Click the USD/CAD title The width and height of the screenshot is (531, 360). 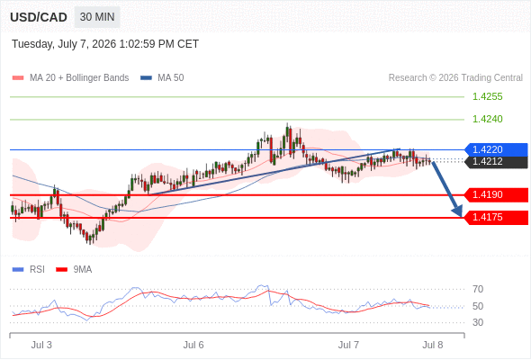(39, 17)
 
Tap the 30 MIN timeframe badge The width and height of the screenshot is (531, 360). (97, 17)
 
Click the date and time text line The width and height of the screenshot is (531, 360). (105, 44)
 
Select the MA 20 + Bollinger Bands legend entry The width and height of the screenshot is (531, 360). (70, 78)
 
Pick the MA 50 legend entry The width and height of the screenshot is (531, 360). (162, 78)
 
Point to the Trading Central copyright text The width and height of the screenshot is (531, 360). (455, 78)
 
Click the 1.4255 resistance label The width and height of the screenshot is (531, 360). (487, 97)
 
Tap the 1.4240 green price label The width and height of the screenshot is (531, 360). (487, 119)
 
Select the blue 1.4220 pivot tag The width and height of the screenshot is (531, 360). (496, 149)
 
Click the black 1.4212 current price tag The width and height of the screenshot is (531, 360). (496, 161)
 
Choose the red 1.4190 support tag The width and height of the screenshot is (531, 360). (496, 194)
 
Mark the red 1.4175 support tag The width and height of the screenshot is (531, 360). (496, 217)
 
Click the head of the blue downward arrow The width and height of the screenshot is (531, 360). (458, 212)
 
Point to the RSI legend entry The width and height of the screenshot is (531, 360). (29, 270)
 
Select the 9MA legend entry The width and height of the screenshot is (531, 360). (74, 270)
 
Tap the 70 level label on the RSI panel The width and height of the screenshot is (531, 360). (478, 289)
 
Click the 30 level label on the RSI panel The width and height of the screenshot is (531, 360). (478, 322)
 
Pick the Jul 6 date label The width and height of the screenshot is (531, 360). (193, 345)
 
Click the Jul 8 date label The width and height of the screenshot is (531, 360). (433, 345)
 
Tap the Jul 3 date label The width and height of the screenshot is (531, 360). (41, 345)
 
